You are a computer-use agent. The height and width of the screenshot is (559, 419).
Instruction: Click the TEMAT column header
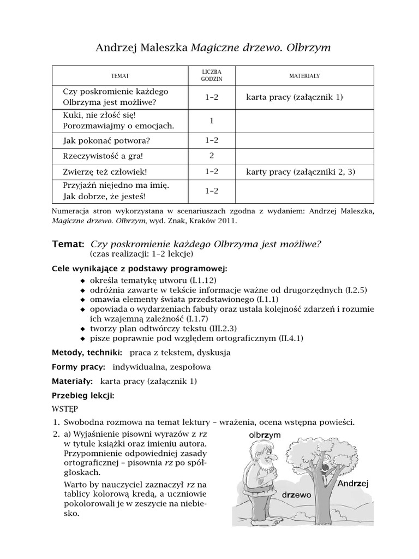coord(120,75)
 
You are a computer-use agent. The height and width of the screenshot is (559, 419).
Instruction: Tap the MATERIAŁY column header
coord(304,75)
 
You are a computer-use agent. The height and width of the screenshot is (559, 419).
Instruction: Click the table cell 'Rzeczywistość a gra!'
coord(103,156)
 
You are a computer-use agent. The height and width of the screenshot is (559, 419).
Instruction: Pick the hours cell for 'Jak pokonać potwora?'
coord(211,140)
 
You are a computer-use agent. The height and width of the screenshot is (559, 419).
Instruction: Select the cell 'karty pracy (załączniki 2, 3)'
coord(300,171)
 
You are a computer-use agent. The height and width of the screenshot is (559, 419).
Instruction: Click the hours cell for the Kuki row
coord(211,121)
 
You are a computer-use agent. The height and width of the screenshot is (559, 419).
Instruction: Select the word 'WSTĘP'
coord(65,408)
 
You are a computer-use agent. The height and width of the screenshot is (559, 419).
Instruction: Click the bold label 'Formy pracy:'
coord(79,367)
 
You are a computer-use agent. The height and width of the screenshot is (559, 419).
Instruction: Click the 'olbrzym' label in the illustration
coord(264,435)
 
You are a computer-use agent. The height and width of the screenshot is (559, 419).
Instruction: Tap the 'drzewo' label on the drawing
coord(297,495)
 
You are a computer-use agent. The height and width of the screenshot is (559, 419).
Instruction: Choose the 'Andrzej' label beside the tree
coord(353,484)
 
